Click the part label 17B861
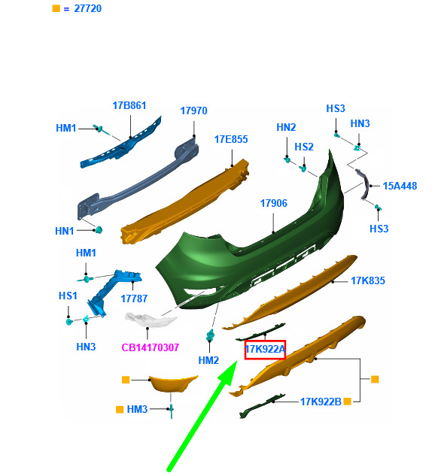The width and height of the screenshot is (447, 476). tap(129, 105)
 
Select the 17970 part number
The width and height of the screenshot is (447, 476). tap(193, 111)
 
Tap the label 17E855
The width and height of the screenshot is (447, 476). tap(231, 139)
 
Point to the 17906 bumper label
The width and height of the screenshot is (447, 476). tap(273, 203)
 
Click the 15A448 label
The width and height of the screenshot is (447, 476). tap(400, 186)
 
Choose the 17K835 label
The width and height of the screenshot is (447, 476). tap(368, 280)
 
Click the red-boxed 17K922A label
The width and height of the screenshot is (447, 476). tap(265, 350)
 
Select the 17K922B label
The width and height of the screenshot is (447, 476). tap(321, 402)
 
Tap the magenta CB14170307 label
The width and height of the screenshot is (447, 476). tap(150, 347)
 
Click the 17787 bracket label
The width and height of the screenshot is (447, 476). tap(134, 299)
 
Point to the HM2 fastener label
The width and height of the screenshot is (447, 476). tap(208, 360)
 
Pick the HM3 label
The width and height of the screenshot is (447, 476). tap(137, 409)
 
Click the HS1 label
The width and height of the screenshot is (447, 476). tap(68, 296)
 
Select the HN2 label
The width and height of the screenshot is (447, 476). tap(286, 127)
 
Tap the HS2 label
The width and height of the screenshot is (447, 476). tap(304, 147)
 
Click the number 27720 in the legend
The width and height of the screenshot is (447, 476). tap(88, 8)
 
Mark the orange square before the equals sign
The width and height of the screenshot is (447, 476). tap(56, 8)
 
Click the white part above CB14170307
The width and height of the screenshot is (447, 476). tap(151, 320)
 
